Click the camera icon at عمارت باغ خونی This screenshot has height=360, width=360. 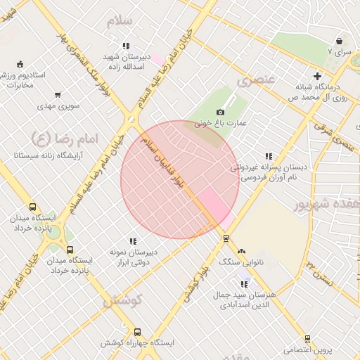pyautogui.click(x=220, y=112)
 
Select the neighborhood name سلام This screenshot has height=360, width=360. pyautogui.click(x=120, y=22)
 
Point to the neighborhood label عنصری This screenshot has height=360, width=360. pyautogui.click(x=255, y=79)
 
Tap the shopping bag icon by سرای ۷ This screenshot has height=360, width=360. pyautogui.click(x=340, y=41)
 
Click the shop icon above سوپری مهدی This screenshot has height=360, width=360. pyautogui.click(x=58, y=95)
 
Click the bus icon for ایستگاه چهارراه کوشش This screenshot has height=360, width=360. pyautogui.click(x=137, y=332)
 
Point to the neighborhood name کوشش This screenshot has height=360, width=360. pyautogui.click(x=124, y=301)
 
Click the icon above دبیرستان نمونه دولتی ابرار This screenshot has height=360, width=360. pyautogui.click(x=133, y=241)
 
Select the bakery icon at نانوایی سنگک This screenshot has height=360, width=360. pyautogui.click(x=242, y=250)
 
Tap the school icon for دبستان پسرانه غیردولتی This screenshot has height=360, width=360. pyautogui.click(x=268, y=157)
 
